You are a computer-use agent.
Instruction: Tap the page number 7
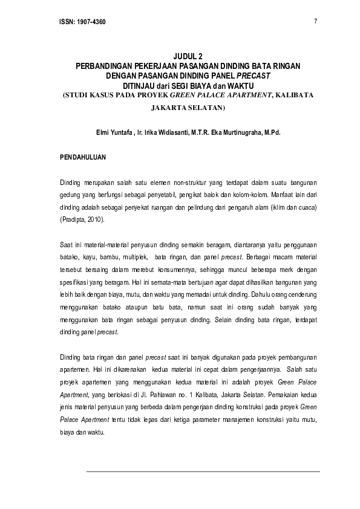coord(316,22)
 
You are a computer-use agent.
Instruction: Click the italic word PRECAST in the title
coord(253,76)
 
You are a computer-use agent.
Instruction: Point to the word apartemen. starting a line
coord(76,367)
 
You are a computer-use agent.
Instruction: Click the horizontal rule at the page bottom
coord(203,471)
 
